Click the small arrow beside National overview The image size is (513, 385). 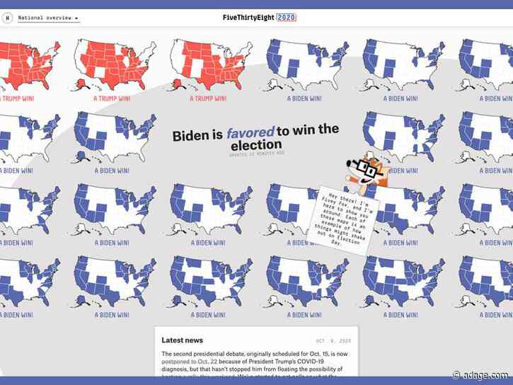[76, 18]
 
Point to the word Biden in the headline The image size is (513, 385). [190, 135]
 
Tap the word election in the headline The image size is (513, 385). [255, 144]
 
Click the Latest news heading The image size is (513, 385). [183, 340]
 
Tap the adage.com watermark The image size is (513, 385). [490, 374]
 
